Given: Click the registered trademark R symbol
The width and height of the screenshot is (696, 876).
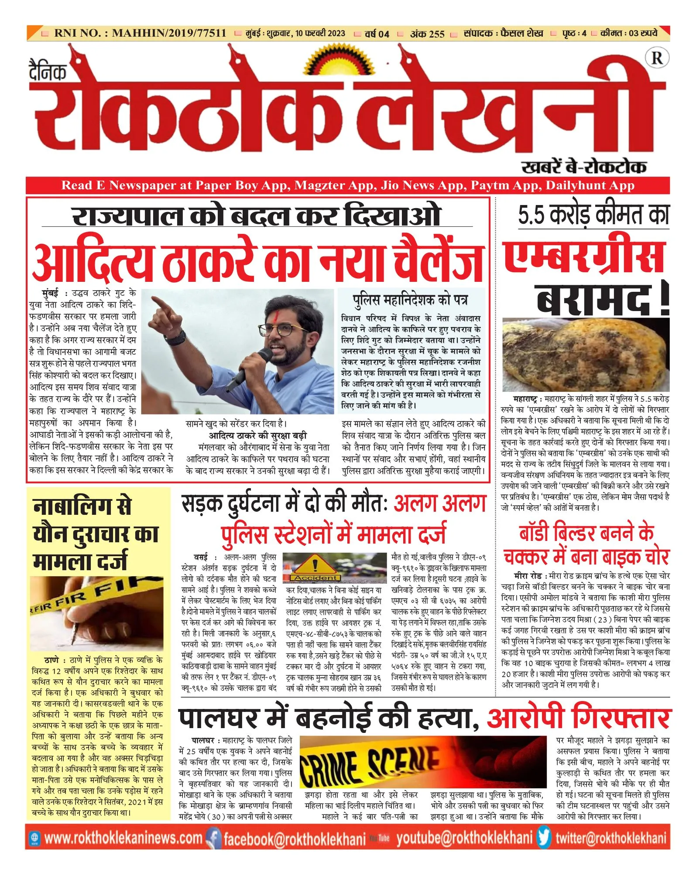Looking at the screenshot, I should coord(657,58).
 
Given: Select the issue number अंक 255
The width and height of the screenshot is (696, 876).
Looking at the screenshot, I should coord(427,34).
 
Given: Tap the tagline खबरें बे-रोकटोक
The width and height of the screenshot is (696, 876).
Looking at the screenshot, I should coord(584,167).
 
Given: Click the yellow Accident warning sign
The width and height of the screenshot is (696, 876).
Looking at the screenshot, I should coord(315,567).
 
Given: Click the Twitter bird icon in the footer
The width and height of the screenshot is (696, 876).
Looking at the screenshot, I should coord(544,837).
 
